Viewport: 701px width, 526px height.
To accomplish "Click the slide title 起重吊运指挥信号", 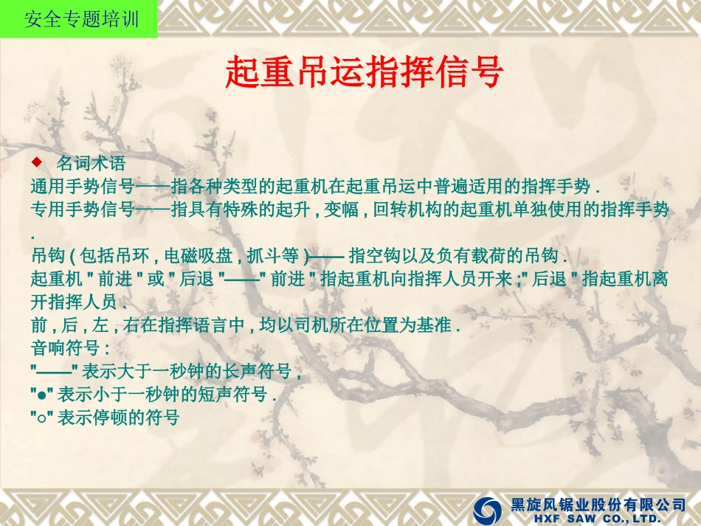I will (x=365, y=72).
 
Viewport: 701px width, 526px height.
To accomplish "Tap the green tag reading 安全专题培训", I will (x=79, y=19).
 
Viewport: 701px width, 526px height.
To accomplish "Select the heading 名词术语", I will (x=91, y=162).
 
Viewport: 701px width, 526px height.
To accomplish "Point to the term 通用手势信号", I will (x=82, y=185).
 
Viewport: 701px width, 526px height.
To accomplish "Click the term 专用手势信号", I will (x=82, y=210).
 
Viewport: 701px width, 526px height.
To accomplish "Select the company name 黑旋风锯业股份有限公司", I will (x=598, y=505).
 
